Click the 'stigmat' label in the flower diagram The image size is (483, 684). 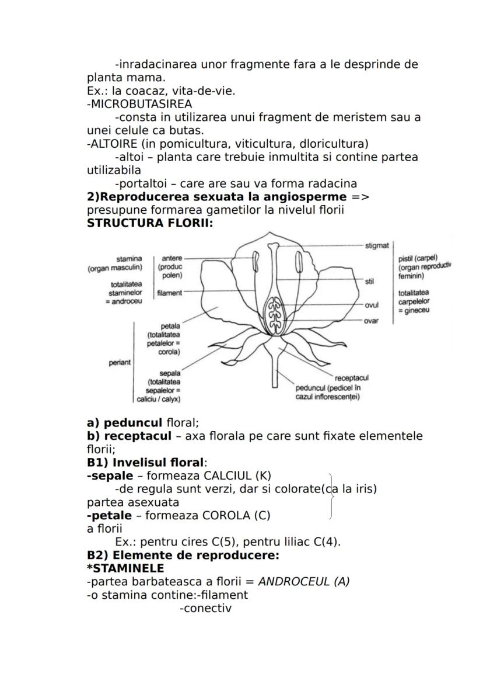click(x=376, y=245)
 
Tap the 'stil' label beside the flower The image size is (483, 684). click(x=369, y=281)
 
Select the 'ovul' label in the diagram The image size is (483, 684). click(x=372, y=305)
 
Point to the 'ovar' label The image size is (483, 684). click(x=371, y=321)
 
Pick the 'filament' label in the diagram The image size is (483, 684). click(x=169, y=293)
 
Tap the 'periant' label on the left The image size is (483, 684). click(x=120, y=362)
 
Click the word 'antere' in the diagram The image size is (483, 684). click(x=171, y=258)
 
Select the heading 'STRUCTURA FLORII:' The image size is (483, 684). click(x=149, y=223)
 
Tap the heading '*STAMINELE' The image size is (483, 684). click(x=125, y=568)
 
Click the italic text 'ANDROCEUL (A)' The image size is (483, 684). click(x=303, y=581)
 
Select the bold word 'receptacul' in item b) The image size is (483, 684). click(x=138, y=436)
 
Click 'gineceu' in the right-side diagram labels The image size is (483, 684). click(x=416, y=310)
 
